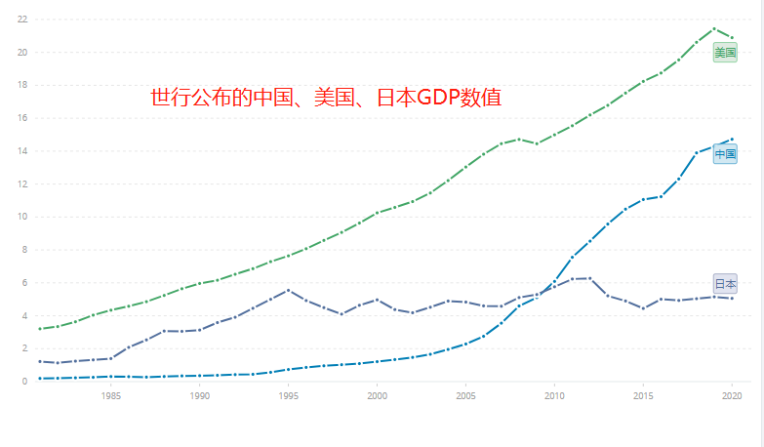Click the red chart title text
[x=326, y=98]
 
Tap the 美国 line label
[x=725, y=53]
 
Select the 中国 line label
[x=725, y=154]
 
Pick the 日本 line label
[x=725, y=284]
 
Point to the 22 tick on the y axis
[x=21, y=20]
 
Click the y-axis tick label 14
[x=21, y=151]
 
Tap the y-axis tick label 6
[x=23, y=283]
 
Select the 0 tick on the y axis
[x=23, y=382]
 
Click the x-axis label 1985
[x=110, y=396]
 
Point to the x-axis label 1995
[x=288, y=396]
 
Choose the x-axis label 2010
[x=554, y=396]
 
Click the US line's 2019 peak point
[x=714, y=28]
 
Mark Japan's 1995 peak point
[x=288, y=290]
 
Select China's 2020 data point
[x=732, y=139]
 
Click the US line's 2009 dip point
[x=537, y=143]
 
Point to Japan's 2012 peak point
[x=590, y=278]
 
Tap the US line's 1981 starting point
[x=39, y=329]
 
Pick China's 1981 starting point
[x=39, y=378]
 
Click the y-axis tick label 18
[x=21, y=85]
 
